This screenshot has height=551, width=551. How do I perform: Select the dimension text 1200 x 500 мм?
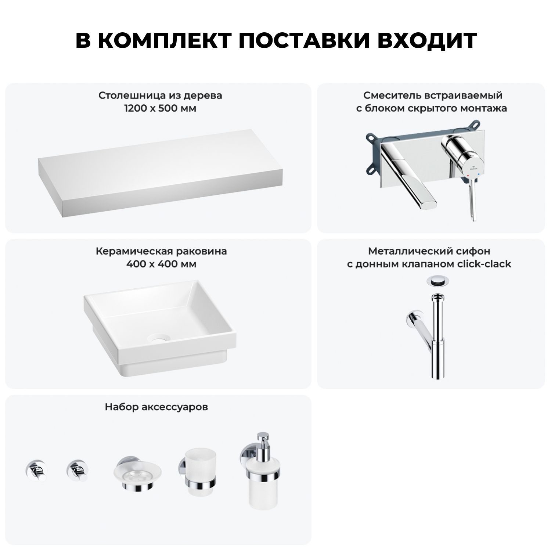point(160,109)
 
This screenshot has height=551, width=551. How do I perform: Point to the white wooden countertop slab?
point(162,173)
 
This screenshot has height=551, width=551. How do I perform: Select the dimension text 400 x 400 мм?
point(161,264)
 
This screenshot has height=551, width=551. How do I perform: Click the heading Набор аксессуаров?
point(156,407)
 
